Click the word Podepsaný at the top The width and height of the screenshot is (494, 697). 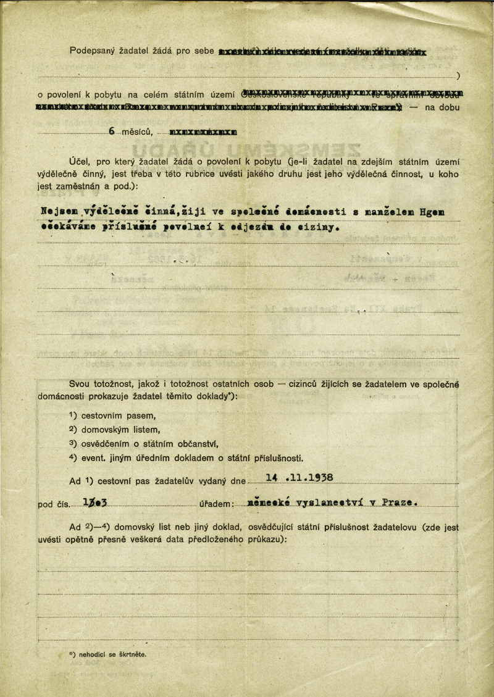tap(90, 50)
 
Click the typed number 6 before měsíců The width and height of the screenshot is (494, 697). tap(112, 131)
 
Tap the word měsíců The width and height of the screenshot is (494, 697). tap(138, 131)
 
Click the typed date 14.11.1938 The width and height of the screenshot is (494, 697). tap(299, 477)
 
